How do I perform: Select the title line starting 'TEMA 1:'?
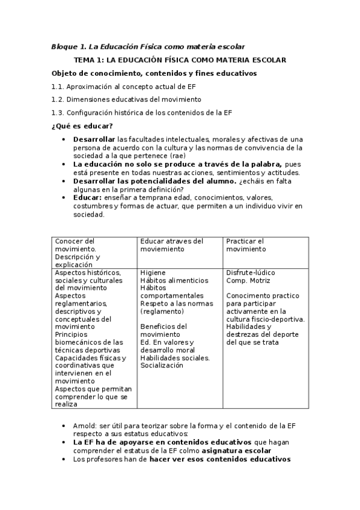[x=179, y=60]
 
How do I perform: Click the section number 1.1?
[x=58, y=87]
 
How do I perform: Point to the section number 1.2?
[x=58, y=99]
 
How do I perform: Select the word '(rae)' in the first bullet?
[x=170, y=155]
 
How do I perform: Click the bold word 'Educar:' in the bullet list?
[x=87, y=197]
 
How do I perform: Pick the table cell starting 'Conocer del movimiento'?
[x=93, y=253]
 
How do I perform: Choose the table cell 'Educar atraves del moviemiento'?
[x=179, y=245]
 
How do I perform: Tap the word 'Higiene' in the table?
[x=153, y=272]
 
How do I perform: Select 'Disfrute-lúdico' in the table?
[x=251, y=272]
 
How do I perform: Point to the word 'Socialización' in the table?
[x=161, y=366]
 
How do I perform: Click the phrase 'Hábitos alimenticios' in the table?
[x=174, y=280]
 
